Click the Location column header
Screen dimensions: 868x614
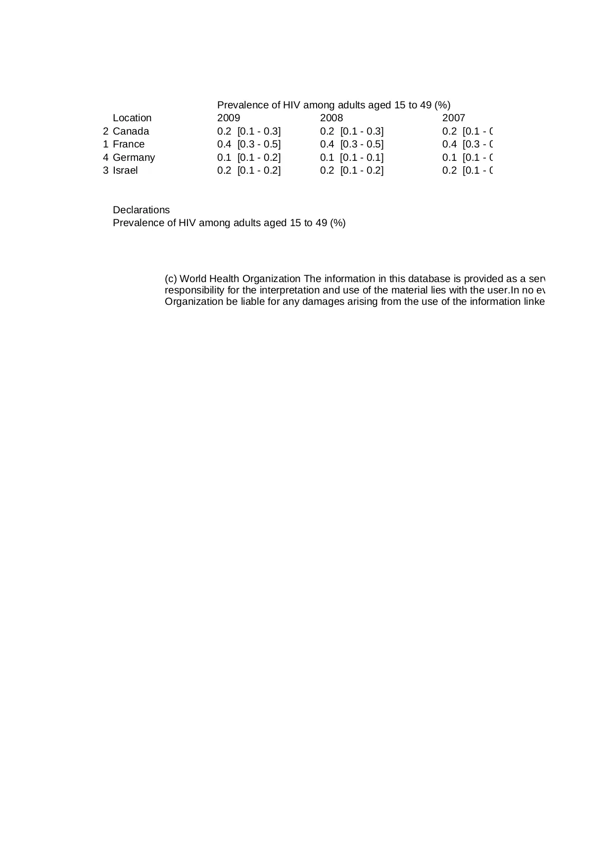[132, 118]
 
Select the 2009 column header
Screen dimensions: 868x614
[229, 118]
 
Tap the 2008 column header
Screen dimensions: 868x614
[331, 118]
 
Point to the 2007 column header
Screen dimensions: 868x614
[454, 118]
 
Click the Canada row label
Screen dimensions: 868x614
[131, 131]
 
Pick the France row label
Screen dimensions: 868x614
[129, 144]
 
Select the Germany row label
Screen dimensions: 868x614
[134, 157]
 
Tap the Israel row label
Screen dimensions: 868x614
[125, 170]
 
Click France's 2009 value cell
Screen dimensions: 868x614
[249, 144]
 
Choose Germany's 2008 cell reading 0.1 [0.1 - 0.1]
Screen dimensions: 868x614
[352, 157]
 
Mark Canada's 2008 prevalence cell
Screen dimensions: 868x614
[352, 131]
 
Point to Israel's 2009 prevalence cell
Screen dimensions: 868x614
[249, 170]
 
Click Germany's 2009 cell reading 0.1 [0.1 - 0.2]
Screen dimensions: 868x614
[249, 157]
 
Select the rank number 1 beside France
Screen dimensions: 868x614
[105, 144]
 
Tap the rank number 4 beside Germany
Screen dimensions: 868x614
[105, 157]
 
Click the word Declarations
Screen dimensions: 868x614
[141, 210]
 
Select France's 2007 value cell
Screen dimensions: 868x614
[468, 144]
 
